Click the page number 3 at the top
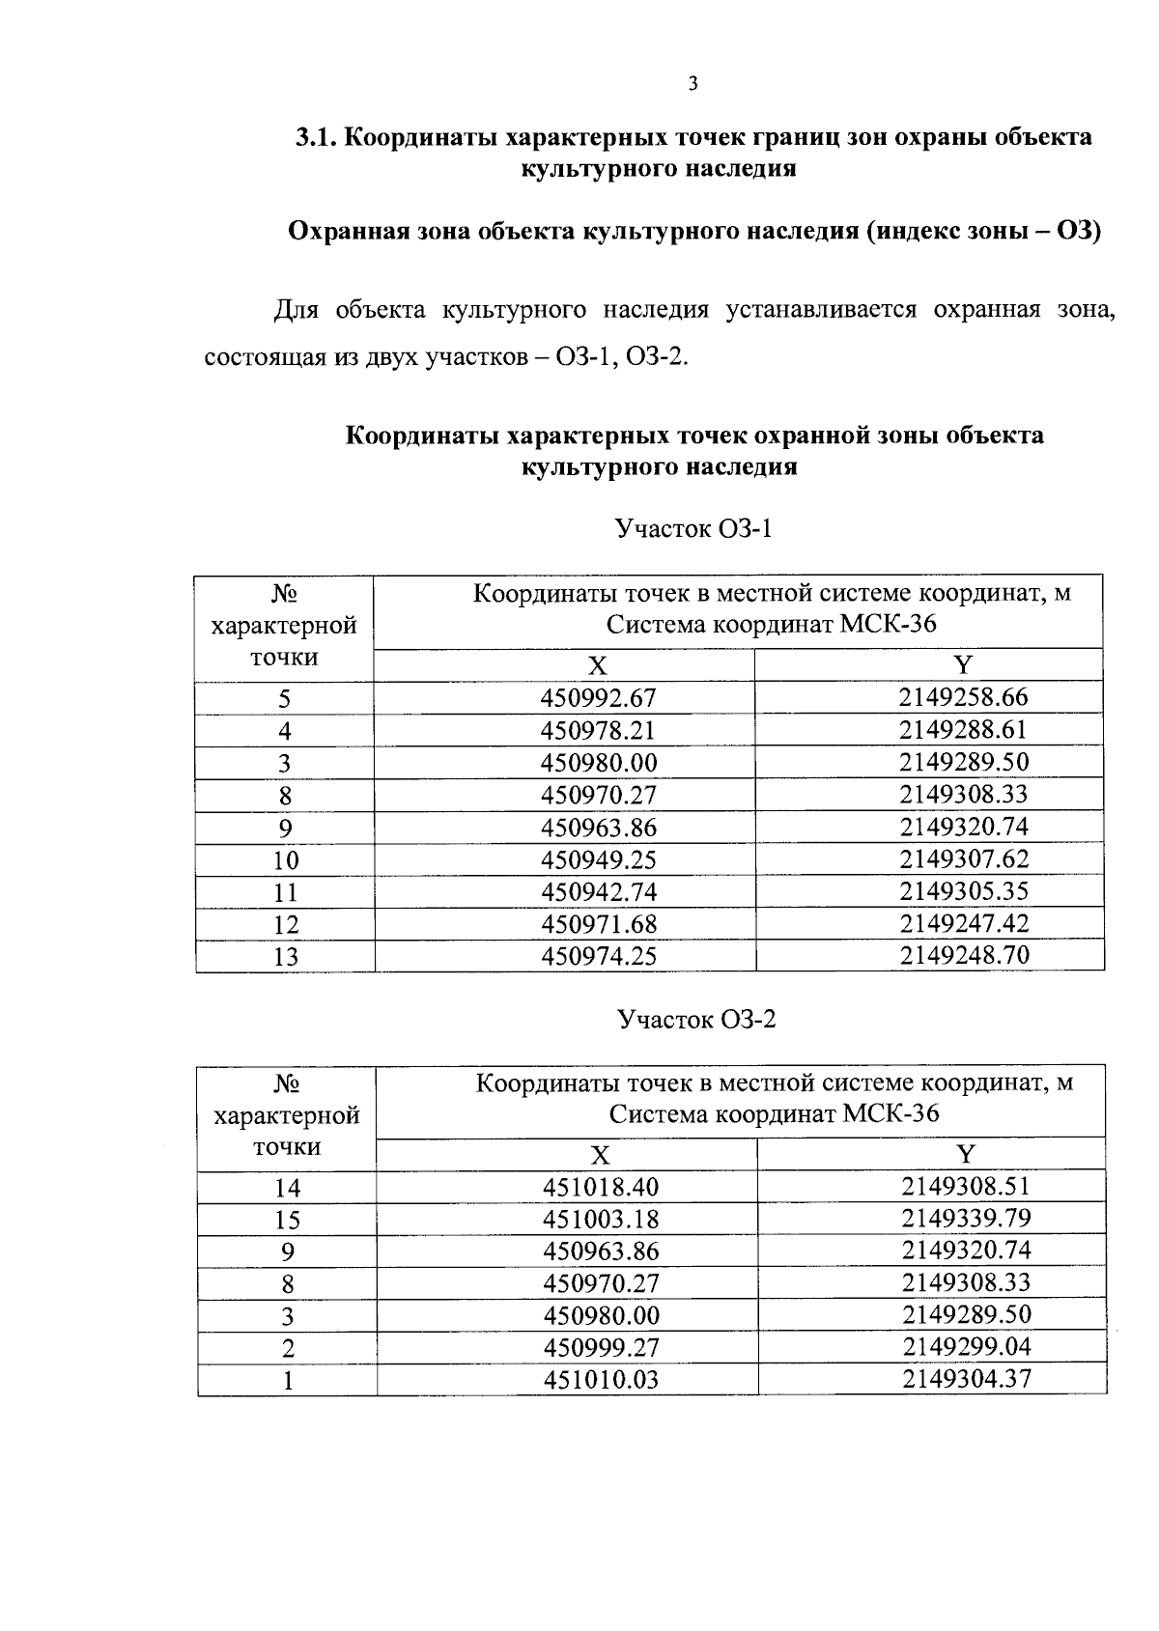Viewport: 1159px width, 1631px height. [692, 84]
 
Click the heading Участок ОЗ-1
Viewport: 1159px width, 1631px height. [693, 529]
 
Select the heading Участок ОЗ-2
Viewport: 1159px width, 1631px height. [695, 1020]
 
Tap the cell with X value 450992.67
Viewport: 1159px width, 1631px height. [599, 698]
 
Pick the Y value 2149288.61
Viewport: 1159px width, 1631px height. [963, 729]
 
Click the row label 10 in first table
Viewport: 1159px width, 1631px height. [285, 860]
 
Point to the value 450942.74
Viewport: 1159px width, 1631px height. [599, 891]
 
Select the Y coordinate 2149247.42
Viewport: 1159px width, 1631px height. [963, 923]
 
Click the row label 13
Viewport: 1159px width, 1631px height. [285, 957]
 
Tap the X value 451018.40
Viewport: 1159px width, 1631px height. [601, 1187]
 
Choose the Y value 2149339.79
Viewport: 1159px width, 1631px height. [966, 1218]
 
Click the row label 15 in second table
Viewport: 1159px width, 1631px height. [287, 1220]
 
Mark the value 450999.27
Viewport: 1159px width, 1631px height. [601, 1347]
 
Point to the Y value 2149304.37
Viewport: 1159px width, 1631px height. [966, 1378]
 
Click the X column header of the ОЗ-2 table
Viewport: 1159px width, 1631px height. [601, 1156]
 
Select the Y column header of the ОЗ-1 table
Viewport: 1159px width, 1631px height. [962, 664]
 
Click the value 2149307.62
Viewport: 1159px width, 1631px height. [963, 858]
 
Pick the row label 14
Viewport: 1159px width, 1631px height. [287, 1188]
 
